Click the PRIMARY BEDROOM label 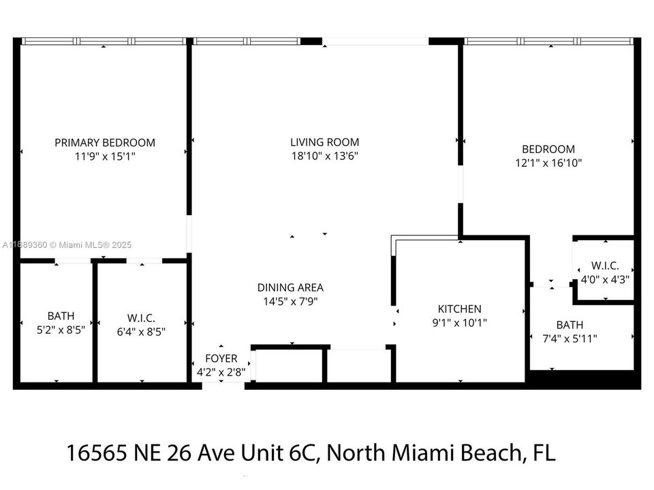click(x=105, y=142)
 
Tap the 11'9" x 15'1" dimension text click(x=105, y=156)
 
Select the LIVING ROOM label click(x=324, y=142)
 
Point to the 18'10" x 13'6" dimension click(x=324, y=156)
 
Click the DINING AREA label click(x=290, y=287)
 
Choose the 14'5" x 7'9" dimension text click(x=290, y=301)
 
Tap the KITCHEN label click(x=459, y=309)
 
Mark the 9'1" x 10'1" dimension click(x=459, y=323)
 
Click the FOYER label click(x=221, y=359)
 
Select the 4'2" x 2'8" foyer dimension click(x=221, y=372)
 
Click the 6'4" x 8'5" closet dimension click(x=141, y=331)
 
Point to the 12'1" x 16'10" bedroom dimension click(x=548, y=163)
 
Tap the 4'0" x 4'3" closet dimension click(x=604, y=278)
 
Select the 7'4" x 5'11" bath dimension click(x=569, y=338)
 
